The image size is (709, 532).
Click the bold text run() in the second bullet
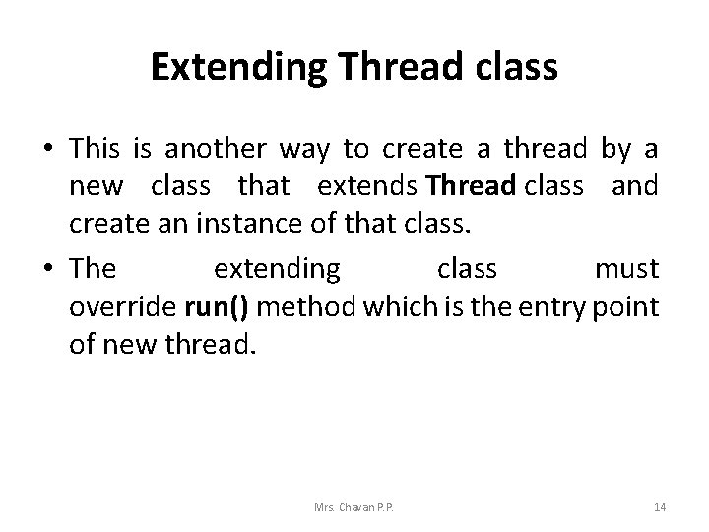point(216,306)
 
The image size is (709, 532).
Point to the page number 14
point(660,507)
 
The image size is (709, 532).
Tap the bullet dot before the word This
point(48,151)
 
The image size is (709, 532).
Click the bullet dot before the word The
point(48,270)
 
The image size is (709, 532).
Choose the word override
point(122,306)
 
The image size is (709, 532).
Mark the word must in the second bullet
point(626,268)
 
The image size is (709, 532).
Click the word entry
point(551,306)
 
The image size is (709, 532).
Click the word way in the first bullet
point(306,151)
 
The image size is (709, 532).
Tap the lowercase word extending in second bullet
point(278,269)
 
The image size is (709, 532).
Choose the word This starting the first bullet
point(95,149)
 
